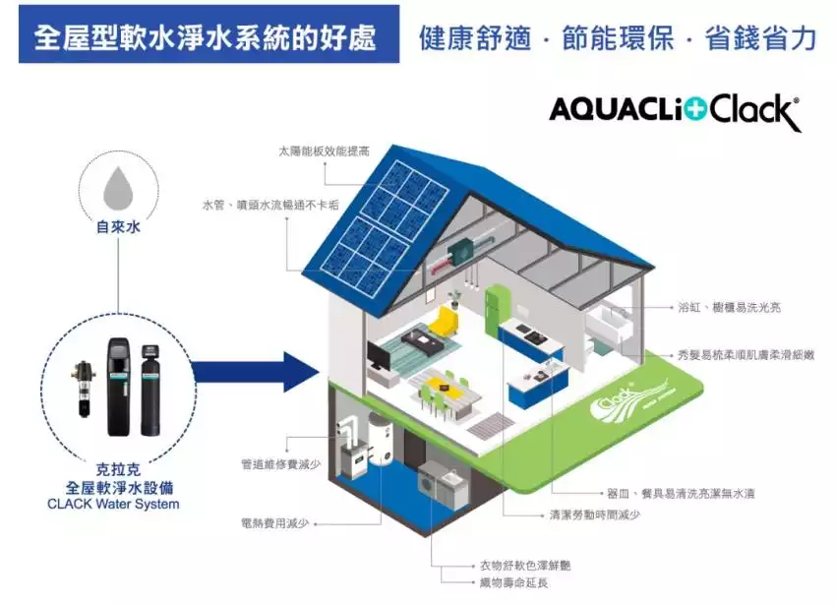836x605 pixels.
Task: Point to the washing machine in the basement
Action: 434,485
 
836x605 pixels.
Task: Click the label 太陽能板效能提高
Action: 324,151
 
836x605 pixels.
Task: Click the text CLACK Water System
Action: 113,505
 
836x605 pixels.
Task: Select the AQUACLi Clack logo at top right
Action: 675,110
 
